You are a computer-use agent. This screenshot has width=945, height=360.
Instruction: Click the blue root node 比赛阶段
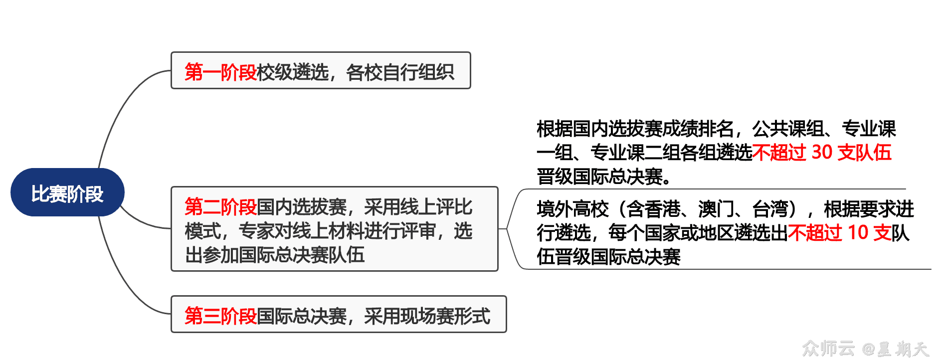click(67, 193)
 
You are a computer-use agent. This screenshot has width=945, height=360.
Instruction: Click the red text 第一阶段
click(220, 72)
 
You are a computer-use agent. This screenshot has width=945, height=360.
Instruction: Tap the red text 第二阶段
click(220, 206)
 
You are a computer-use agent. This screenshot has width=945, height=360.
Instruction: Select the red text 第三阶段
click(220, 316)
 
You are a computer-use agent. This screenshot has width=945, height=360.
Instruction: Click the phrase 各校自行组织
click(400, 72)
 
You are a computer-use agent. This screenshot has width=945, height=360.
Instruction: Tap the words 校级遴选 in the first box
click(292, 72)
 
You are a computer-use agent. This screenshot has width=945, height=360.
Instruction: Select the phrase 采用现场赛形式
click(427, 316)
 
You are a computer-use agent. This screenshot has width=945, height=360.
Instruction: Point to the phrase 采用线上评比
click(418, 206)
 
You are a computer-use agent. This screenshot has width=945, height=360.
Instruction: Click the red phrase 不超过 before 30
click(779, 153)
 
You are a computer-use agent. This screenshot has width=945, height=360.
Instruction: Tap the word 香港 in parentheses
click(662, 209)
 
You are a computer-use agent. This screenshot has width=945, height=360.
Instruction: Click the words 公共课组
click(788, 129)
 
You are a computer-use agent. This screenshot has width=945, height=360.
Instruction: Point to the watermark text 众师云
click(828, 348)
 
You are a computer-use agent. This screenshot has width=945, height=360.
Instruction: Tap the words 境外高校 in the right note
click(572, 209)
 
